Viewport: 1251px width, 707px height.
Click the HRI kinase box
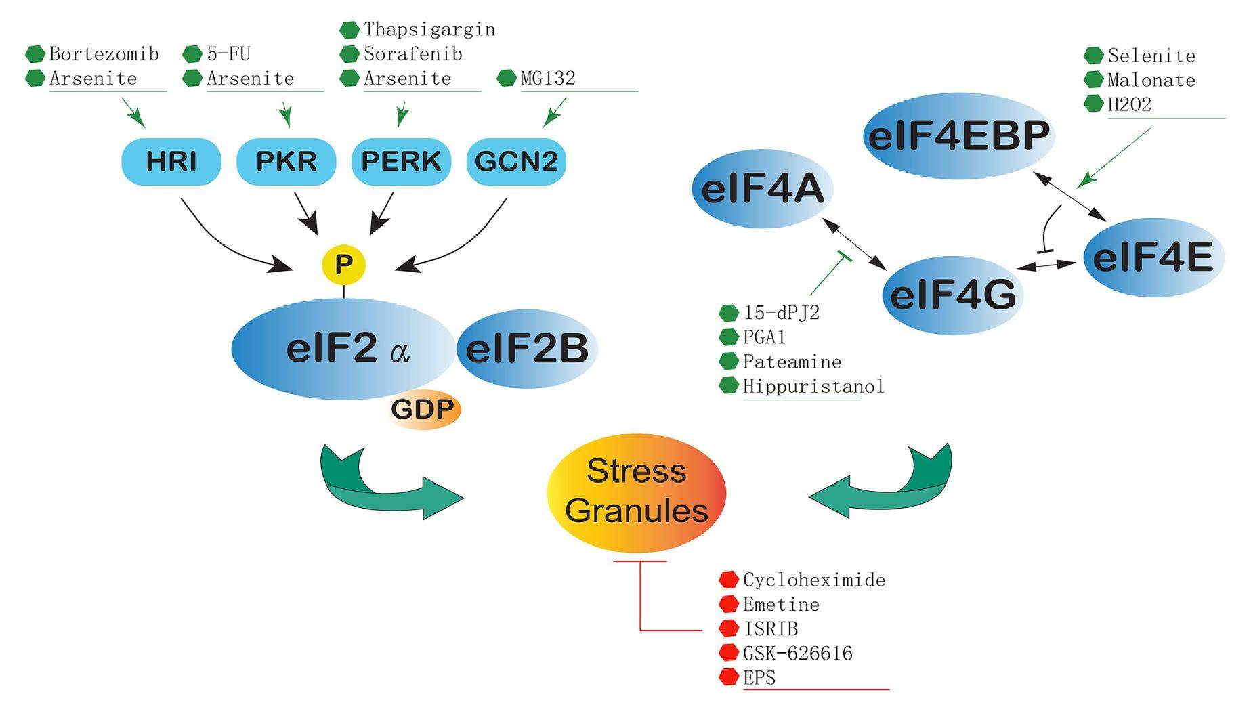[x=171, y=162]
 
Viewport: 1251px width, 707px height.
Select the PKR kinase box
[x=286, y=162]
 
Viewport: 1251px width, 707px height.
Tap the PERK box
[x=401, y=162]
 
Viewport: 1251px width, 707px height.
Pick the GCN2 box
[x=516, y=162]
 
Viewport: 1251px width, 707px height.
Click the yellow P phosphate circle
[x=343, y=264]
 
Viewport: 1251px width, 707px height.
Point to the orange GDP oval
[x=423, y=409]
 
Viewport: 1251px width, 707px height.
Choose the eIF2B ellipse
[x=527, y=349]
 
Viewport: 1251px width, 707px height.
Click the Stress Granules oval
[x=636, y=492]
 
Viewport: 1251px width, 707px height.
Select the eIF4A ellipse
[x=762, y=189]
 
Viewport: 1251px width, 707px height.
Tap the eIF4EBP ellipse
[x=958, y=135]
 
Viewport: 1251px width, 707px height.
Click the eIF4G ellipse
[x=952, y=295]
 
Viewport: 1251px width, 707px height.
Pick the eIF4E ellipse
[x=1153, y=257]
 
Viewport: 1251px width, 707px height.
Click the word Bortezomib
[x=104, y=54]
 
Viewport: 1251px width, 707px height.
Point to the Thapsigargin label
[x=429, y=30]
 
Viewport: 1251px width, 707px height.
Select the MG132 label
[x=548, y=79]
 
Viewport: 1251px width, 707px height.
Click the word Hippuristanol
[x=813, y=387]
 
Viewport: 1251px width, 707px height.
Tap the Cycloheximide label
[x=814, y=580]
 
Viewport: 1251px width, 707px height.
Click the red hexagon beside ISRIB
[x=729, y=628]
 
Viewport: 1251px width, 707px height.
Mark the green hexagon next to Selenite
[x=1093, y=56]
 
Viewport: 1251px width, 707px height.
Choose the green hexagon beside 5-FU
[x=193, y=54]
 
